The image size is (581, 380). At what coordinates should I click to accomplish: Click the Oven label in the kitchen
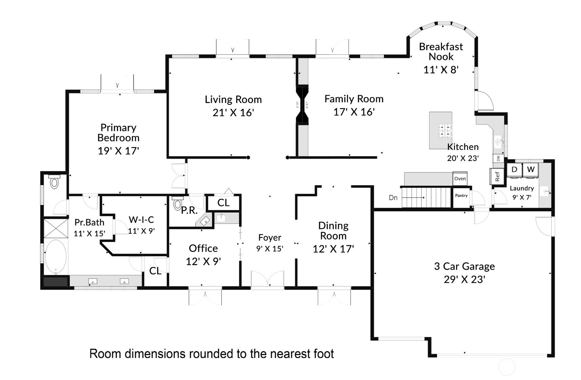[x=460, y=178]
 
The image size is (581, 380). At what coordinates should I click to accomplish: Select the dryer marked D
[x=514, y=170]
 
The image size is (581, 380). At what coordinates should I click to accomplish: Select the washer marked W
[x=530, y=170]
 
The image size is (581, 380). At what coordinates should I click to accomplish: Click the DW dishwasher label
[x=498, y=158]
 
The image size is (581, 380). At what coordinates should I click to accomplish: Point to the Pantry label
[x=461, y=195]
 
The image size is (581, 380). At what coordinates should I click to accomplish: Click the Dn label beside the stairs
[x=393, y=198]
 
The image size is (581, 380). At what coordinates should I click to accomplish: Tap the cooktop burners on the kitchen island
[x=445, y=130]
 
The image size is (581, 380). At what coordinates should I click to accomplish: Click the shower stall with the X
[x=56, y=228]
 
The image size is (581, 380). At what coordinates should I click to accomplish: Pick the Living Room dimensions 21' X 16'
[x=233, y=113]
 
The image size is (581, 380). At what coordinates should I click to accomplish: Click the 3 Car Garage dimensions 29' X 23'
[x=464, y=279]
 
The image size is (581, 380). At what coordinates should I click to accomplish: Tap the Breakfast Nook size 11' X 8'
[x=441, y=70]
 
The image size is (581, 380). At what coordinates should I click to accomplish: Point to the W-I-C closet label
[x=141, y=220]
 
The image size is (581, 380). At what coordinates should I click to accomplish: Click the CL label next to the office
[x=155, y=271]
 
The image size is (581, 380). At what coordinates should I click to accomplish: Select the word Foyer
[x=270, y=237]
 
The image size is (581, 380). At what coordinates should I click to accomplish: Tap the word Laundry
[x=522, y=188]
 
